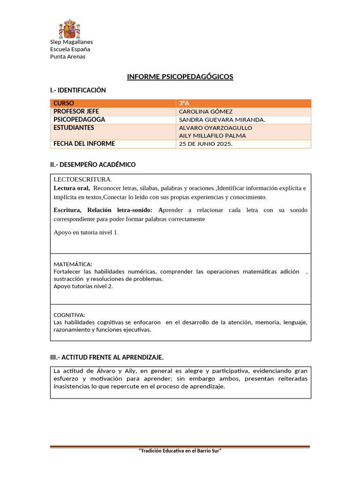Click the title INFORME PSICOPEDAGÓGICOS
(x=180, y=77)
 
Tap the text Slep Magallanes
(x=71, y=42)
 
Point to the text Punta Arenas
(x=67, y=57)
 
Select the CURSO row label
(x=64, y=103)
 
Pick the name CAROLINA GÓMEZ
(x=205, y=112)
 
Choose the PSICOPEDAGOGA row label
(x=79, y=120)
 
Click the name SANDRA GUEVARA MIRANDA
(x=222, y=120)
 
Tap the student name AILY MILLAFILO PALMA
(x=212, y=135)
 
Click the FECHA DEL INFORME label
(x=84, y=144)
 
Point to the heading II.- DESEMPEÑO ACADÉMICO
(x=93, y=165)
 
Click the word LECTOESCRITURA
(x=83, y=180)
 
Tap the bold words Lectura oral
(x=71, y=188)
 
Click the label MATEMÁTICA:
(x=73, y=264)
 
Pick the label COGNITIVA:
(x=69, y=315)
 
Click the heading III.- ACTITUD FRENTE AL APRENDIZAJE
(x=107, y=357)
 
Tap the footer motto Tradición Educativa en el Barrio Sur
(x=180, y=450)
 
